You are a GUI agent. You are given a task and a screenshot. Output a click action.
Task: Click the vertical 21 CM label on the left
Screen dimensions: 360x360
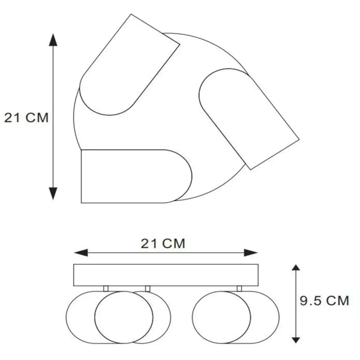(26, 118)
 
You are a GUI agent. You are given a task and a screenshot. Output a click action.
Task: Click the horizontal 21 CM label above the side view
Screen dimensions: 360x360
(163, 244)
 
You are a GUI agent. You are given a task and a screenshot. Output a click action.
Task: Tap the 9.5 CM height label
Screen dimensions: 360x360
(324, 301)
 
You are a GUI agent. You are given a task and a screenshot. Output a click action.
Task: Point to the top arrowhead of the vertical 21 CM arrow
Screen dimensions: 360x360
(53, 40)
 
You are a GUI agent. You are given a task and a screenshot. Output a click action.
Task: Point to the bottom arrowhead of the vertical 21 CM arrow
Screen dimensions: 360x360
(53, 194)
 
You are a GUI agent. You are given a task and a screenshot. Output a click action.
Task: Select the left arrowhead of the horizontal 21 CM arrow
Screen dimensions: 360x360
(81, 253)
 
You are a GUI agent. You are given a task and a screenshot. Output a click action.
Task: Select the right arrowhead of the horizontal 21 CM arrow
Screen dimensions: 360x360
(251, 253)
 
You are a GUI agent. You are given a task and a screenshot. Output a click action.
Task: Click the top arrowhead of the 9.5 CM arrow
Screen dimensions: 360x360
(296, 267)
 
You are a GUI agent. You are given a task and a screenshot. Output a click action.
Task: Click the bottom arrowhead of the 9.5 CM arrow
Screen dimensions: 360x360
(296, 340)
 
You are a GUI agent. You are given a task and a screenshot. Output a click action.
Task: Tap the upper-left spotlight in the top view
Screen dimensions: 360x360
(129, 65)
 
